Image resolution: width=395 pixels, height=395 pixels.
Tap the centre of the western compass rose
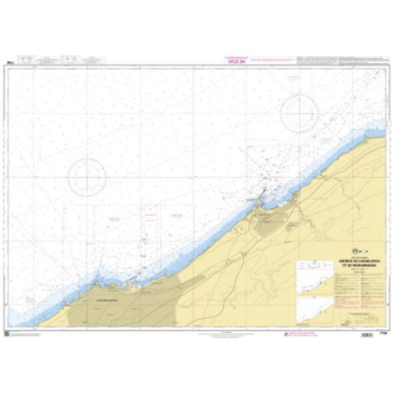tap(88, 176)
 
